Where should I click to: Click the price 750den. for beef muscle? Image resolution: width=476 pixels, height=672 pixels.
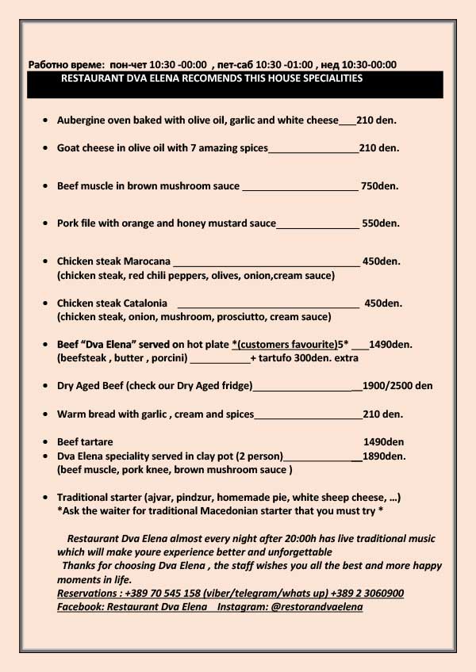click(380, 186)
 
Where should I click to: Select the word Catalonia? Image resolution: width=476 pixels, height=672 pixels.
click(144, 303)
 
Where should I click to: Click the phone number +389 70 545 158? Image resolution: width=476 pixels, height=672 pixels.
click(157, 594)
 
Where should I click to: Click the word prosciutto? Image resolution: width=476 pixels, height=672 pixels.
click(239, 316)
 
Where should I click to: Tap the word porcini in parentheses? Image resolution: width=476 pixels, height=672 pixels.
click(167, 358)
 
